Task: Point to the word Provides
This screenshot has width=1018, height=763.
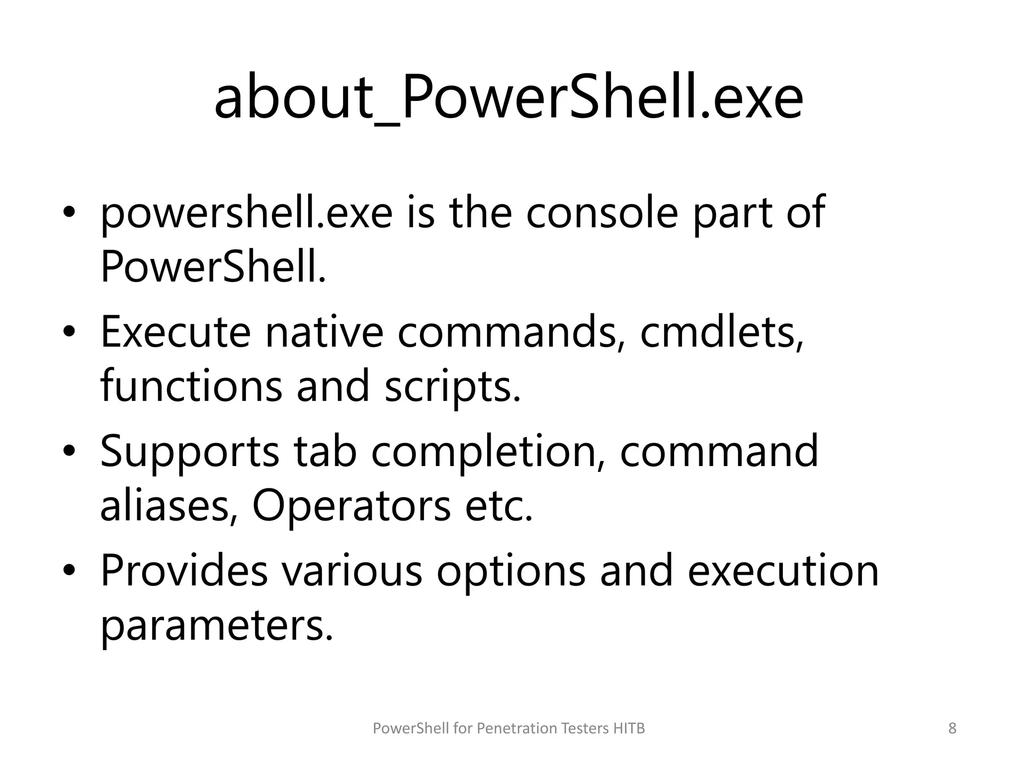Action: click(x=184, y=571)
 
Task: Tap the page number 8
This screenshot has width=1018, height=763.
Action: click(x=952, y=729)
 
